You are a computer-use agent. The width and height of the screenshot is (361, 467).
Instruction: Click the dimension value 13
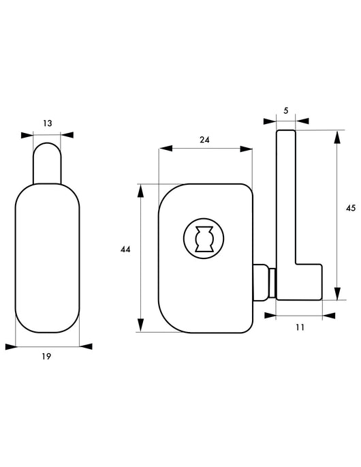pos(47,123)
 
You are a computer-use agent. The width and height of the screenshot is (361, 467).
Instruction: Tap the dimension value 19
pos(46,356)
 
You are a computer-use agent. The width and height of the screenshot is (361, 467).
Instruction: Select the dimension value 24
pos(204,140)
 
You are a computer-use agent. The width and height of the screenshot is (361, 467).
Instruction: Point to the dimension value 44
pos(125,250)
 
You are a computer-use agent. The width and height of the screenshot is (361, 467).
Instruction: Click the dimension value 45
pos(351,208)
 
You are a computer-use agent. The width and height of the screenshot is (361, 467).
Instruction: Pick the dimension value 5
pos(286,111)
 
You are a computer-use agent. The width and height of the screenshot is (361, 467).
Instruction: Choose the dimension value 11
pos(300,327)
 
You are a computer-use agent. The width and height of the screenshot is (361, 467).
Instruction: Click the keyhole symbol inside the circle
pos(204,239)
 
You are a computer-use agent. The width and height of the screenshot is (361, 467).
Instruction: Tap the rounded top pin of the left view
pos(47,163)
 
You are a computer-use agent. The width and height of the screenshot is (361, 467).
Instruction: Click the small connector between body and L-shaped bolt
pos(264,282)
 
